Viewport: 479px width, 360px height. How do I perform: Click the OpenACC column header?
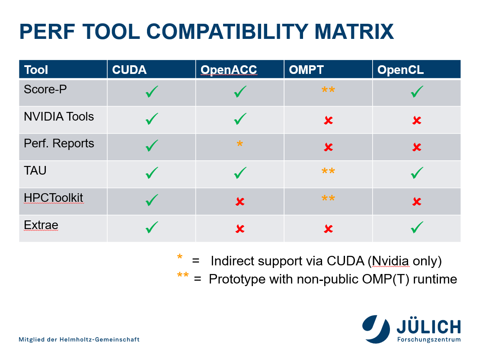pos(229,70)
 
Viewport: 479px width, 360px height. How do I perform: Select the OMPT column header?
pos(306,70)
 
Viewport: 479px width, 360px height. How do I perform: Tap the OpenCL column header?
pos(400,70)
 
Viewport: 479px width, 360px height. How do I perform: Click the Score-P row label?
pos(45,89)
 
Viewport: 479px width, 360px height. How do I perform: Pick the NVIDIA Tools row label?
pos(59,117)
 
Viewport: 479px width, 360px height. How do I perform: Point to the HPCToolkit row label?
pos(54,198)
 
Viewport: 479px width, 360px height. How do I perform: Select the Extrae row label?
pos(41,225)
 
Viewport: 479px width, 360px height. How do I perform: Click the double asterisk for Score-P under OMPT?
pos(328,90)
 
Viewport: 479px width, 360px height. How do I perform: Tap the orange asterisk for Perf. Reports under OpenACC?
pos(240,143)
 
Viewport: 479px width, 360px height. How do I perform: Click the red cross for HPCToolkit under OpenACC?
pos(240,201)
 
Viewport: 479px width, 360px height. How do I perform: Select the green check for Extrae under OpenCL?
pos(417,227)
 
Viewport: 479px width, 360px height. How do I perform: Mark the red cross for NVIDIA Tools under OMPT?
pos(329,120)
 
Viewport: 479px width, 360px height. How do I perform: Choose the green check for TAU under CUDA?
pos(152,173)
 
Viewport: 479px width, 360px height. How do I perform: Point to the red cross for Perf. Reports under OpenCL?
pos(417,147)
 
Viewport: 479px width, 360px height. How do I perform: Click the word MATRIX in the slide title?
pos(354,32)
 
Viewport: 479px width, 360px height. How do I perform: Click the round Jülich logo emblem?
pos(376,329)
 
